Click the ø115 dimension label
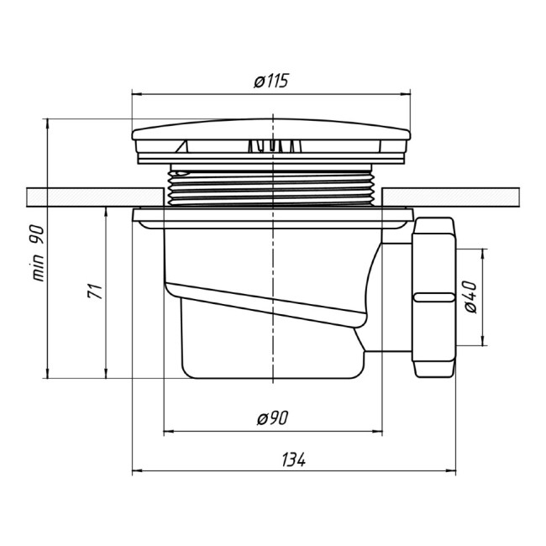[271, 81]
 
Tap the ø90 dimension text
[273, 417]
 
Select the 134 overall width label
[293, 459]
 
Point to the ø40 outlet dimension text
[470, 297]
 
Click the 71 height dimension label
[95, 291]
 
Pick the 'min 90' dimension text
[38, 253]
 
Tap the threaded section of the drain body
[271, 186]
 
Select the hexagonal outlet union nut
[434, 297]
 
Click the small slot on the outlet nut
[433, 297]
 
